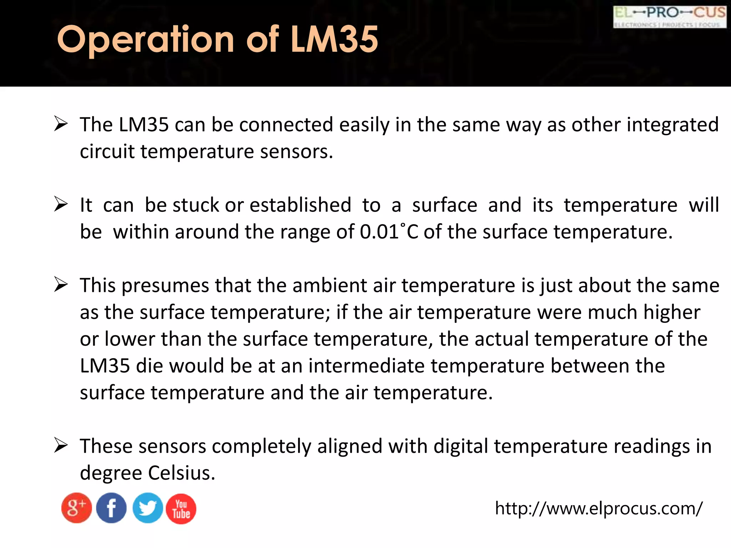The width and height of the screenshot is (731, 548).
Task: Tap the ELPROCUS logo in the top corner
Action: [670, 17]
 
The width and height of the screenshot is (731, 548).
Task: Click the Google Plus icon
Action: [76, 508]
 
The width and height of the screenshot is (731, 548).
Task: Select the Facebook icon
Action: [111, 508]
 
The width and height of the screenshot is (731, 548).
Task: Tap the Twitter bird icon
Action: [147, 508]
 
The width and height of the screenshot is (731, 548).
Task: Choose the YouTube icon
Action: [181, 509]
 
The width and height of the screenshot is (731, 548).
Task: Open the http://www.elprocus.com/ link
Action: [599, 508]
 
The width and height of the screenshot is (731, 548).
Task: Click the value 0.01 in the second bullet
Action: [379, 232]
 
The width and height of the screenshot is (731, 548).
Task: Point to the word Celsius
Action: [181, 473]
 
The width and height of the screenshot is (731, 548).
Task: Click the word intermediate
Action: [366, 366]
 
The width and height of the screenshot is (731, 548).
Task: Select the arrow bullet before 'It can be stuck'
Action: [61, 204]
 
